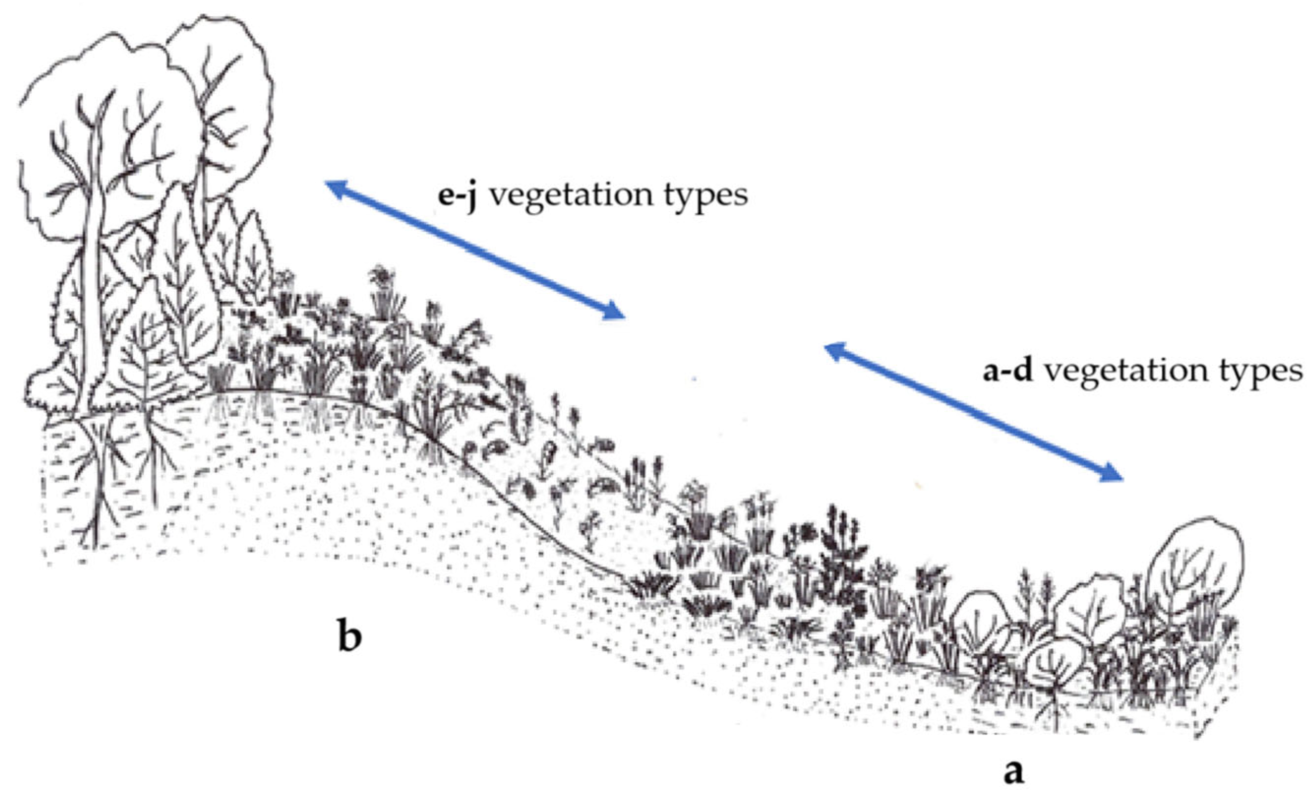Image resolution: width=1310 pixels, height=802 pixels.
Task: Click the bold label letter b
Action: [349, 638]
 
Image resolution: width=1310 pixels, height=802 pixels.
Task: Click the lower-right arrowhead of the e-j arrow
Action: [615, 312]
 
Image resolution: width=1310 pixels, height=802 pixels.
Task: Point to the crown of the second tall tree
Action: [223, 80]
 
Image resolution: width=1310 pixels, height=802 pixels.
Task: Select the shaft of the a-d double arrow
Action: [974, 412]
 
